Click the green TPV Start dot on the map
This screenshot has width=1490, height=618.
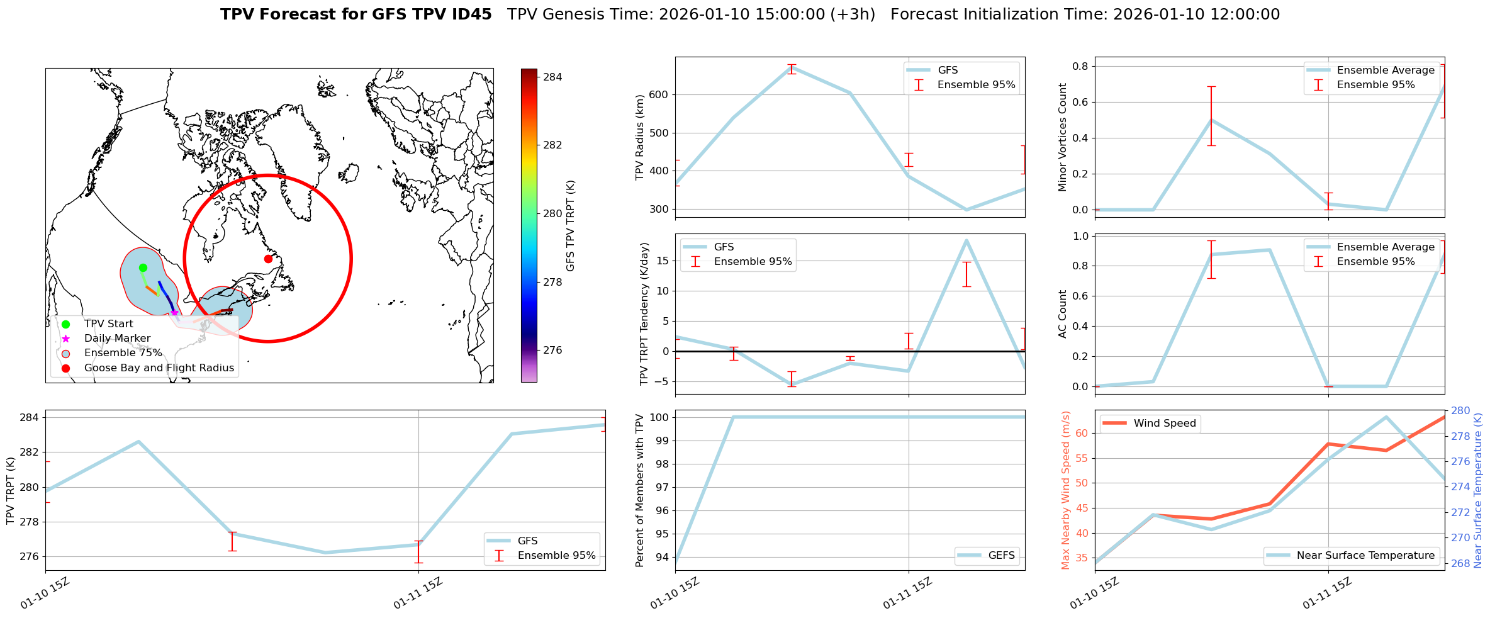[x=143, y=267]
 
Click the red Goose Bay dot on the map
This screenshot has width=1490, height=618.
[x=268, y=259]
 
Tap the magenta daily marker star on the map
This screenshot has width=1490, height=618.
[x=174, y=313]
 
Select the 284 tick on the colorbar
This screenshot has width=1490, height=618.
[x=552, y=77]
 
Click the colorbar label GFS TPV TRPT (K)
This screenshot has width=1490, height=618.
[x=571, y=225]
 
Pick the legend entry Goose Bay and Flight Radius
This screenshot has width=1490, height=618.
[x=159, y=368]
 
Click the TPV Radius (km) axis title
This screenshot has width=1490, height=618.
[x=640, y=137]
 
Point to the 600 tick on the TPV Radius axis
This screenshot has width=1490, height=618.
[x=659, y=95]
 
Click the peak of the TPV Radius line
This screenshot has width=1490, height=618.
[x=792, y=67]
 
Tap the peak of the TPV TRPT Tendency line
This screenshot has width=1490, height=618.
[x=966, y=240]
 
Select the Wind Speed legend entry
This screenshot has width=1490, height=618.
[x=1164, y=423]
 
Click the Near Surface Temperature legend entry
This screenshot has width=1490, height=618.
[x=1365, y=555]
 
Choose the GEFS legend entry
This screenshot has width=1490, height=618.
[x=1001, y=555]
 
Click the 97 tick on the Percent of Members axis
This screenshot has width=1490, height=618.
[x=661, y=487]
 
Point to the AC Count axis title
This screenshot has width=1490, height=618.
[x=1063, y=313]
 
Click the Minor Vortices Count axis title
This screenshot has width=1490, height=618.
[x=1063, y=137]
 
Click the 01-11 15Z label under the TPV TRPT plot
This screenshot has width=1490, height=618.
[x=418, y=593]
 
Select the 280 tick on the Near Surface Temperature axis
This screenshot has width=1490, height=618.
[x=1460, y=411]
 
